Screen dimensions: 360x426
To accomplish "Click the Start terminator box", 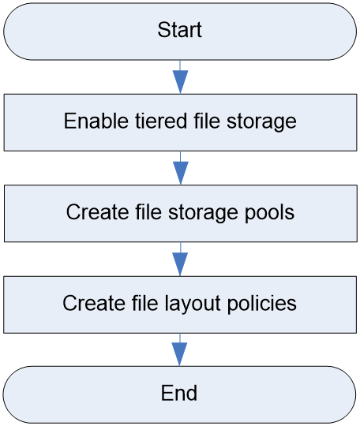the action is [180, 32].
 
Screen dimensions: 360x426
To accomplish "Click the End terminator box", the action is [179, 394].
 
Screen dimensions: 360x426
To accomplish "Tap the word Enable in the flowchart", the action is [96, 121].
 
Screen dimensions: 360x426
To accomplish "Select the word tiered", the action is [161, 121].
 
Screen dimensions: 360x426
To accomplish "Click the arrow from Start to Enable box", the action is [180, 77].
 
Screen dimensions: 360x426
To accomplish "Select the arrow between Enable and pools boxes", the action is [181, 168].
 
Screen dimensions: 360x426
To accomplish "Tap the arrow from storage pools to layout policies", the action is [180, 260].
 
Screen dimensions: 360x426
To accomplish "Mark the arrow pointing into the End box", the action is [179, 349].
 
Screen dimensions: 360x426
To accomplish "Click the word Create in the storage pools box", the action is [98, 212].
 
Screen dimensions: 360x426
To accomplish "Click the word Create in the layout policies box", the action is [94, 303].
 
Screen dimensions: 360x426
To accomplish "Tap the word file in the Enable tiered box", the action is [207, 121].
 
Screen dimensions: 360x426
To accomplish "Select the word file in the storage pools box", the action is [148, 212].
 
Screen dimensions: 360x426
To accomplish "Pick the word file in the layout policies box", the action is [145, 303].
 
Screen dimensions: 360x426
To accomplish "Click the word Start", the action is [180, 30].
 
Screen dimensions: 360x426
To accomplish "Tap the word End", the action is [179, 393].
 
